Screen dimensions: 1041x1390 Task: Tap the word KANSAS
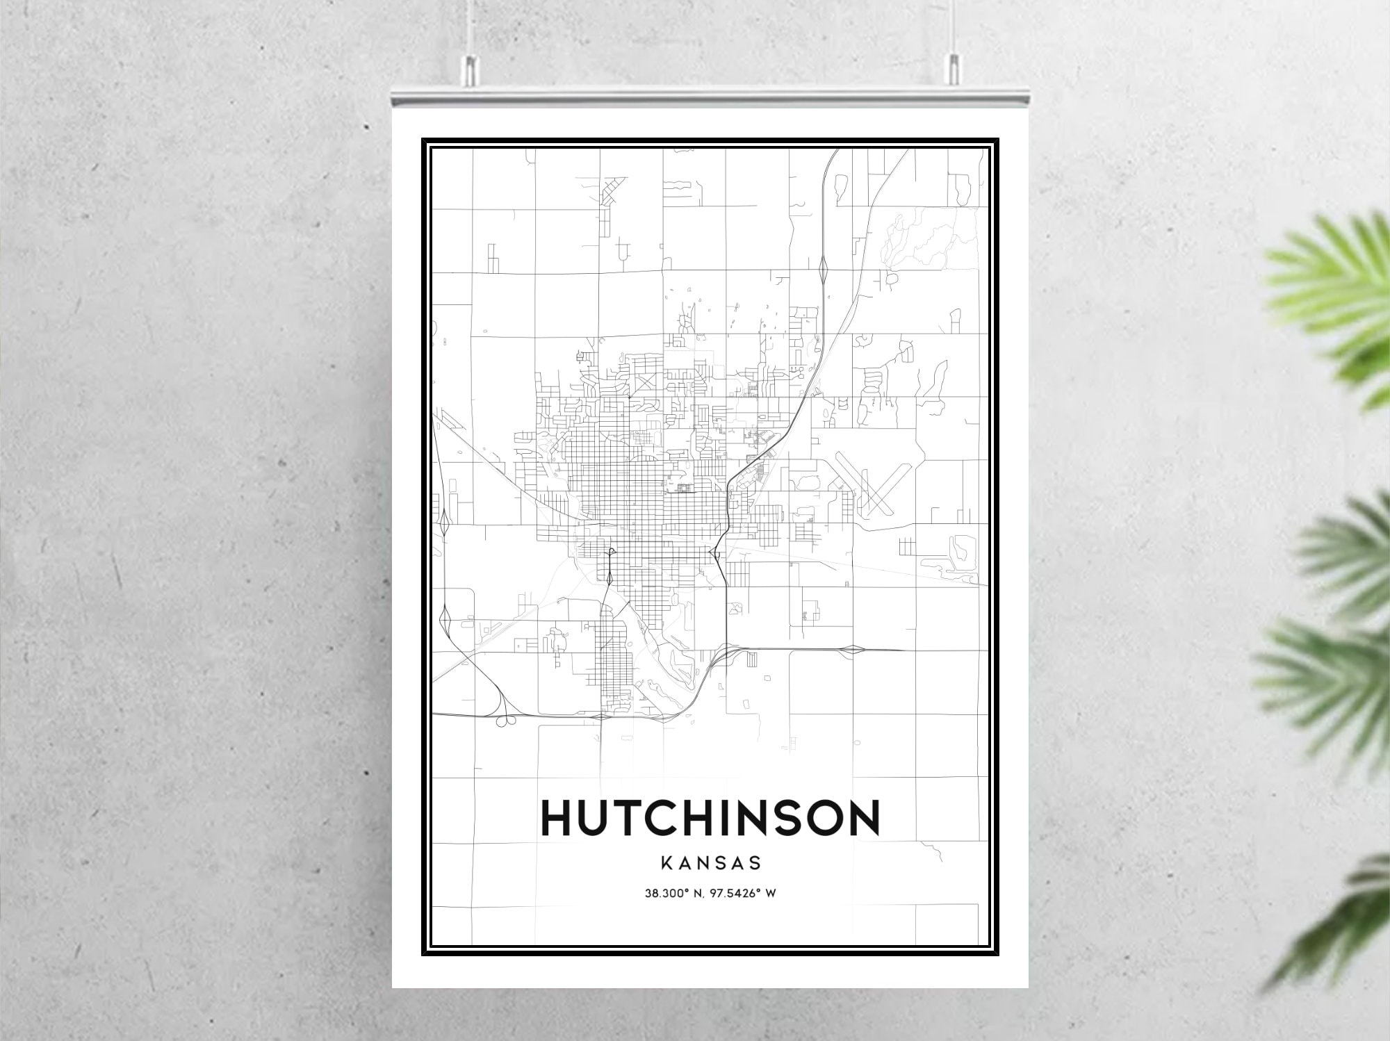click(x=710, y=864)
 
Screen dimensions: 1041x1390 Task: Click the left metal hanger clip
click(x=471, y=69)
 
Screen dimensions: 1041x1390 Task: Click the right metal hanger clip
click(x=954, y=69)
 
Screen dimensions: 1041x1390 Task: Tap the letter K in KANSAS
click(x=665, y=864)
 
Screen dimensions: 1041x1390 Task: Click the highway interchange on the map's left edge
click(x=443, y=523)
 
